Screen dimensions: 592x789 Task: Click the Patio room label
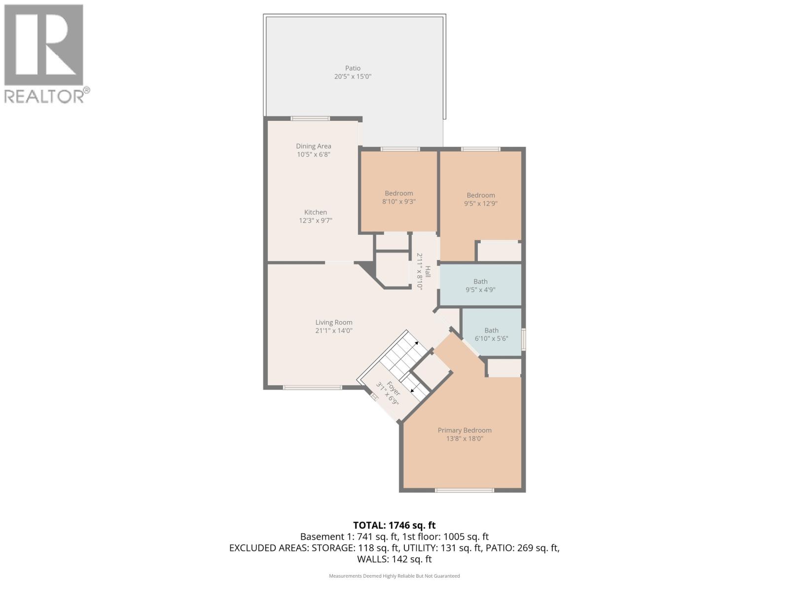click(353, 68)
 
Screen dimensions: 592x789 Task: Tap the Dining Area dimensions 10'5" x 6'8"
click(313, 154)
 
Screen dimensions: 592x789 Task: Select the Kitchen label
click(315, 212)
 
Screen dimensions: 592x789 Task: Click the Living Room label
click(334, 322)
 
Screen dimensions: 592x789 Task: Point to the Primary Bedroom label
click(465, 430)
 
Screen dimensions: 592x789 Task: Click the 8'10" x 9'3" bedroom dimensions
click(399, 201)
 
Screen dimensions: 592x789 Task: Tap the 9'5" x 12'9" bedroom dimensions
click(480, 203)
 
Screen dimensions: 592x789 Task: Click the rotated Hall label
click(428, 271)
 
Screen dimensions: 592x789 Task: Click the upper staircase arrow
click(416, 343)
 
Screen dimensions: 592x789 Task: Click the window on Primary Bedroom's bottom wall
click(464, 490)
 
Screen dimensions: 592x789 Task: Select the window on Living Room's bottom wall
click(312, 387)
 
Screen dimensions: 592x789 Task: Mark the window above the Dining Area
click(310, 118)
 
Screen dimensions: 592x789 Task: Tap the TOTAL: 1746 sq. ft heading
click(394, 525)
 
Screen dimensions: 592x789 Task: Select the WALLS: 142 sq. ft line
click(394, 559)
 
